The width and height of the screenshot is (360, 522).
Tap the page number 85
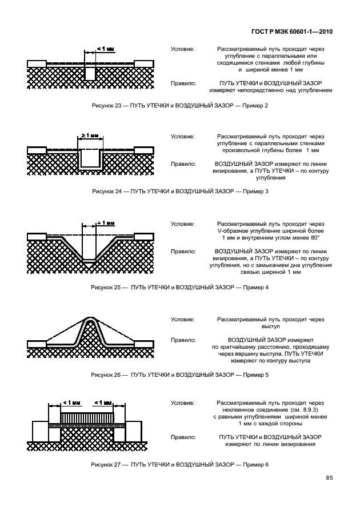[x=329, y=477]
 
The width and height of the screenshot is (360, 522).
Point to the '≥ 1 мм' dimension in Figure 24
[x=90, y=136]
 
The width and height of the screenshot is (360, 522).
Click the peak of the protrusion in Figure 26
[x=91, y=320]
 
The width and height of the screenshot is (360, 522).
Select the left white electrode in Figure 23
[x=37, y=62]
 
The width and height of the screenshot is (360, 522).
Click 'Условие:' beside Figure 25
[x=182, y=224]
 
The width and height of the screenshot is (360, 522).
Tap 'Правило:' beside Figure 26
[x=182, y=340]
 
